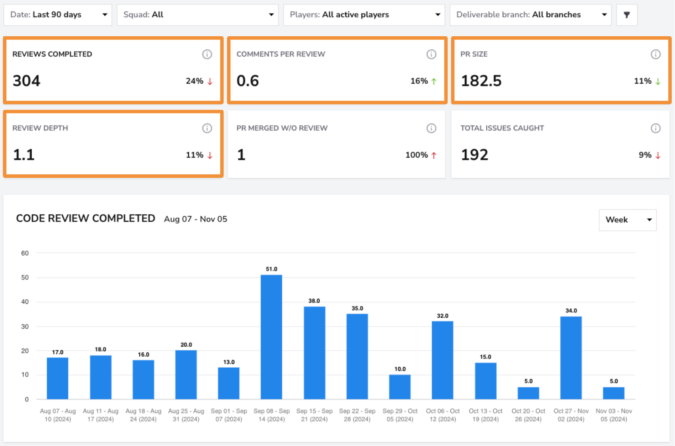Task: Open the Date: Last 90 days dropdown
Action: (58, 15)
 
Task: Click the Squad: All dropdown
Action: (198, 15)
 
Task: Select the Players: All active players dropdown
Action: (364, 15)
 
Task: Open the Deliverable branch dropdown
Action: (530, 15)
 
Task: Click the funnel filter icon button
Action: (627, 15)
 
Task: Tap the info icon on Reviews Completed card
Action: (207, 54)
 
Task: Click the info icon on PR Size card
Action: (656, 54)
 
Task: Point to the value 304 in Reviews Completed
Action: (26, 81)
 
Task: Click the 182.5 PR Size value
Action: (481, 81)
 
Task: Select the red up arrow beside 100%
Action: (434, 155)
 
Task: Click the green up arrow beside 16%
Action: (434, 81)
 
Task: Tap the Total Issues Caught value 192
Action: (475, 155)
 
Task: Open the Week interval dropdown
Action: (628, 220)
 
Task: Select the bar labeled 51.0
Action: (271, 337)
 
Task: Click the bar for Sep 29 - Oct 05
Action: (400, 387)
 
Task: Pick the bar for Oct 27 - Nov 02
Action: (571, 358)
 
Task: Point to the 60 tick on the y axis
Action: (25, 253)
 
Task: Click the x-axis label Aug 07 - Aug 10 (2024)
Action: (58, 415)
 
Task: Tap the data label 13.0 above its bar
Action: (229, 362)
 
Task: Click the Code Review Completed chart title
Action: (86, 219)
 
